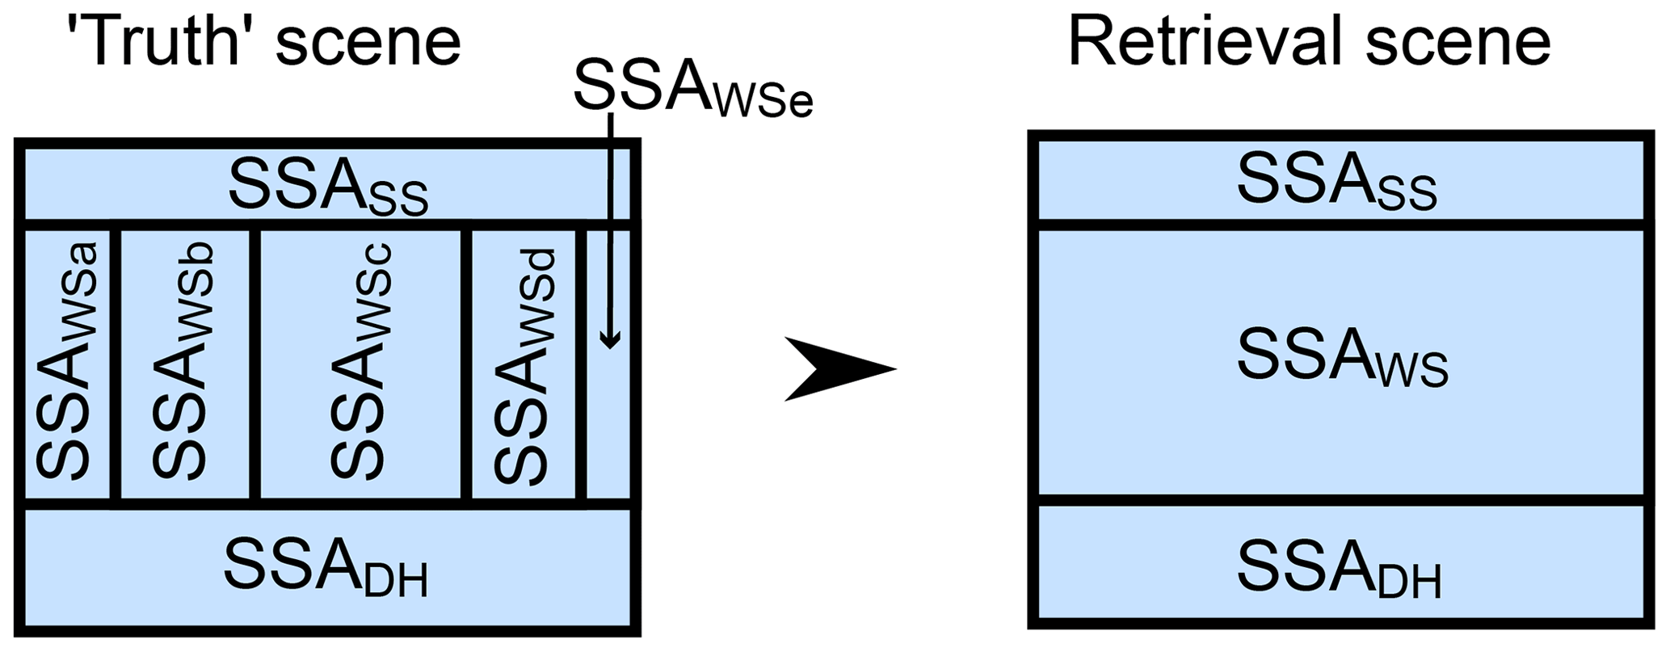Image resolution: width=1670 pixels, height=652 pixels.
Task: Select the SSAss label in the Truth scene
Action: pos(327,187)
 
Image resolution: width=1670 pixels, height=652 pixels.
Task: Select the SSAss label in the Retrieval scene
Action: pos(1336,183)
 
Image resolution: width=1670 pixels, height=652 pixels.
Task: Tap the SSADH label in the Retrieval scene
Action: pos(1338,570)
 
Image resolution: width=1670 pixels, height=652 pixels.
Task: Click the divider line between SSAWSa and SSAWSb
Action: pos(116,364)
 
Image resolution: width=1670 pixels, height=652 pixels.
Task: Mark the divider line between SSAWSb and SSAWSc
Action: pos(255,364)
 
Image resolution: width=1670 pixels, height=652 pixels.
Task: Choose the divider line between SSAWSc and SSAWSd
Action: pos(466,364)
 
